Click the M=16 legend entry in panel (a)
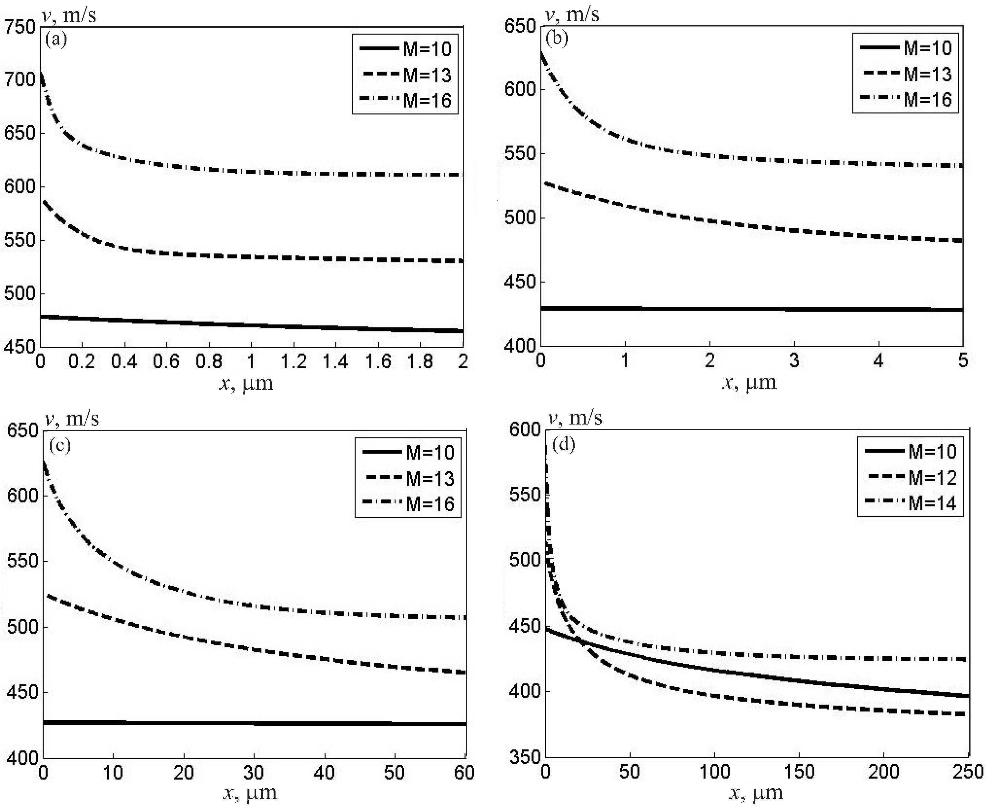405,100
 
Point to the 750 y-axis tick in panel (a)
20,27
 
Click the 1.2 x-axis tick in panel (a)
293,362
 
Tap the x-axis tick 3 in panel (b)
794,361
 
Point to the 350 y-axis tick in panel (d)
524,758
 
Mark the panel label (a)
56,39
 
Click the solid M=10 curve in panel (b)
745,309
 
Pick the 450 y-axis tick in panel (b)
520,282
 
